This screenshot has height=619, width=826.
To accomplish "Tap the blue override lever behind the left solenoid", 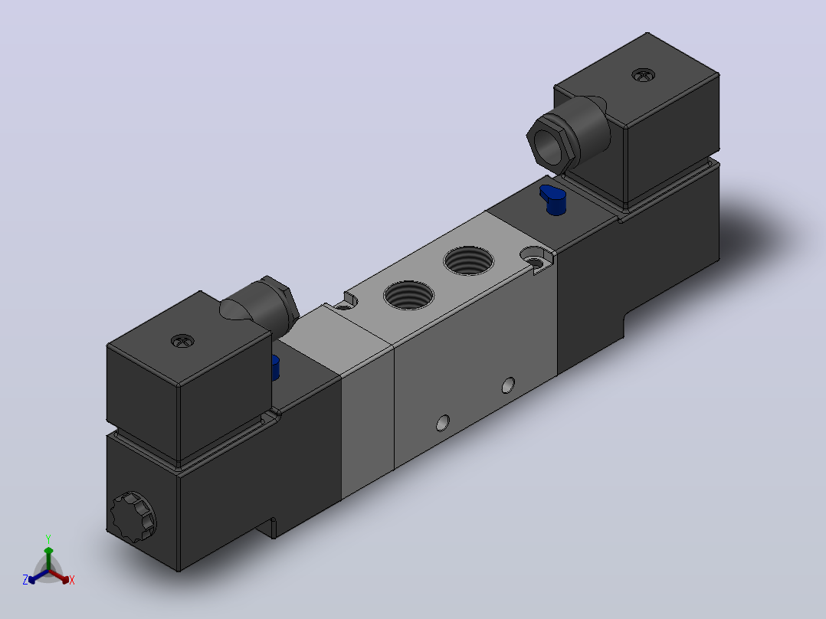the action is [275, 368].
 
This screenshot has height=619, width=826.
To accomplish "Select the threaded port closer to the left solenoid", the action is [409, 296].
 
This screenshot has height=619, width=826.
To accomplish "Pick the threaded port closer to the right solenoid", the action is [469, 260].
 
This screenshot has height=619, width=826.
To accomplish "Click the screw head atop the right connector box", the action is [643, 75].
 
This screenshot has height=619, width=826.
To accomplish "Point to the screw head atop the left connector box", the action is [183, 342].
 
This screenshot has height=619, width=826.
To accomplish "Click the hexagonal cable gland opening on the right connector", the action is [549, 145].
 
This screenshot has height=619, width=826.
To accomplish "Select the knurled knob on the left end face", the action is [133, 517].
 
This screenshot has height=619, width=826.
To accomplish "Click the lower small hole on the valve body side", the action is [443, 423].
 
